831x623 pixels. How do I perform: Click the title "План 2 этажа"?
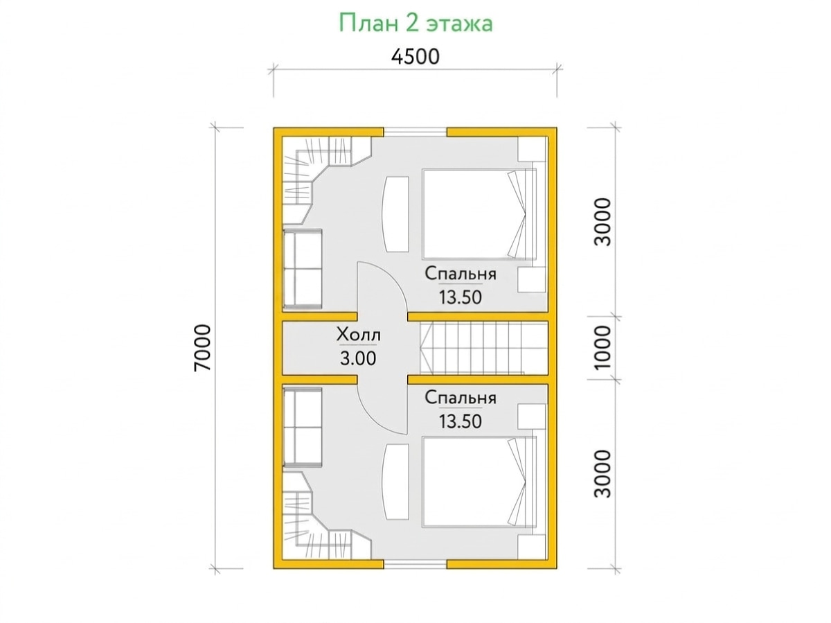click(415, 24)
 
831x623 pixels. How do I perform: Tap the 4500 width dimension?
click(415, 57)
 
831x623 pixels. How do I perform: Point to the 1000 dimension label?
click(602, 347)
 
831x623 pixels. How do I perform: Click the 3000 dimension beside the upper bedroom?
click(602, 222)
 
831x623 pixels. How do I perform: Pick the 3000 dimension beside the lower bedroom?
click(602, 473)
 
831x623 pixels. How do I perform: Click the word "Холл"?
click(358, 335)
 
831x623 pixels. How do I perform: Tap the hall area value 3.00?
click(358, 358)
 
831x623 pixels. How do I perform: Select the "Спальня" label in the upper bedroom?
click(460, 274)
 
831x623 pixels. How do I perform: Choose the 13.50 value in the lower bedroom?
click(460, 421)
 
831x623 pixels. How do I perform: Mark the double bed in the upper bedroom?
click(479, 214)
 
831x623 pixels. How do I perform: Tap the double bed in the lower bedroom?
click(479, 482)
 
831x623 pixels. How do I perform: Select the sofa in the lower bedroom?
click(302, 426)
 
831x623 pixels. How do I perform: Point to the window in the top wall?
click(415, 132)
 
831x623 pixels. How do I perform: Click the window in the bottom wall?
click(415, 564)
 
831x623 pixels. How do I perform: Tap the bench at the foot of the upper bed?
click(397, 214)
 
